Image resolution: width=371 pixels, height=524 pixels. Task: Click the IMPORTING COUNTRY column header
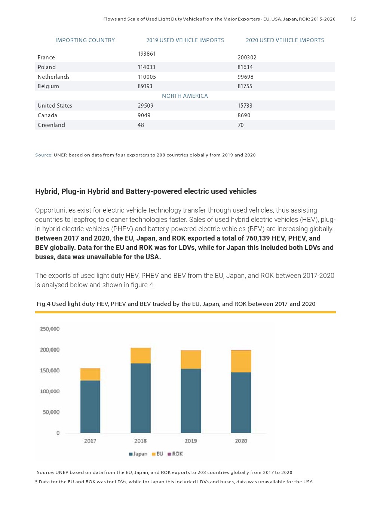[x=85, y=40]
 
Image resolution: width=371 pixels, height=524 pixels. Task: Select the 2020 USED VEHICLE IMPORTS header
[x=285, y=40]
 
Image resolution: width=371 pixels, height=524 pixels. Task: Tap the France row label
[x=46, y=58]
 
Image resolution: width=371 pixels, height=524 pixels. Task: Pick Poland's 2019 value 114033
[x=146, y=67]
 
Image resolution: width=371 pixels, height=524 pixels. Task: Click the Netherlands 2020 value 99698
[x=245, y=77]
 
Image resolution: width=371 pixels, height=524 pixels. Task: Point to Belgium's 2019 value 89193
[x=145, y=86]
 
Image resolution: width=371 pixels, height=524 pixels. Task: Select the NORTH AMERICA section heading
[x=185, y=96]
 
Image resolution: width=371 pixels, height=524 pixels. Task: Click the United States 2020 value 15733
[x=245, y=106]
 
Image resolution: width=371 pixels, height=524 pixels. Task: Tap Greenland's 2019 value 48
[x=141, y=125]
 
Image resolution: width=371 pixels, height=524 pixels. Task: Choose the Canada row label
[x=47, y=115]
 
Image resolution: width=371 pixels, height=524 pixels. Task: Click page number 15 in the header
[x=353, y=19]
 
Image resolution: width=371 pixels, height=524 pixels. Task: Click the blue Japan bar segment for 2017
[x=90, y=406]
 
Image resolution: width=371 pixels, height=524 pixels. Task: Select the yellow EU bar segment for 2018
[x=141, y=356]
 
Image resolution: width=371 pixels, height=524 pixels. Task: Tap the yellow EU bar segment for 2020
[x=241, y=362]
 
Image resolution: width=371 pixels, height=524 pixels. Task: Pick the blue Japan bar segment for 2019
[x=191, y=401]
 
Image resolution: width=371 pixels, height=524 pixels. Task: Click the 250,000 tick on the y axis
[x=50, y=329]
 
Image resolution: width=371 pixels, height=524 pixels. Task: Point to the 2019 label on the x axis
[x=191, y=441]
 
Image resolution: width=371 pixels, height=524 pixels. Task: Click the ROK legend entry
[x=175, y=454]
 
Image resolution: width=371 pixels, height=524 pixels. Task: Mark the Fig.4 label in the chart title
[x=43, y=304]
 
